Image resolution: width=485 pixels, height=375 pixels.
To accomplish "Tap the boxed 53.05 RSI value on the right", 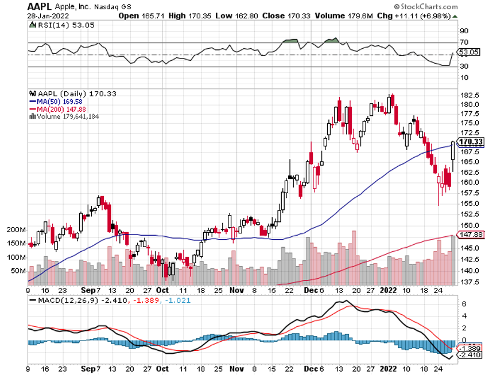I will coord(470,52).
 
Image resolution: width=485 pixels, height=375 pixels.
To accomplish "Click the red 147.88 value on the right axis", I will coord(470,235).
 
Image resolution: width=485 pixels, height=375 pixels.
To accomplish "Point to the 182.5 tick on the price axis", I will coord(469,95).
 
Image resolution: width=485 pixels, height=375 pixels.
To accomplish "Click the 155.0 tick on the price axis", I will coord(469,204).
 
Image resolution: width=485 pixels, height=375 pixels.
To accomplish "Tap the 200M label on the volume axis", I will coord(15,230).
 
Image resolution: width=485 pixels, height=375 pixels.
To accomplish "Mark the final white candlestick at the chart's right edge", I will coord(453,151).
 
